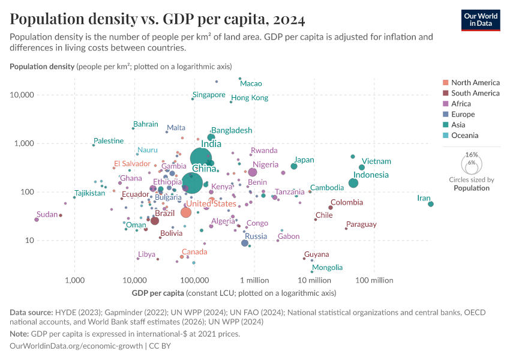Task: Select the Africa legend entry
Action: tap(462, 104)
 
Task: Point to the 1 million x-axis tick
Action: tap(254, 280)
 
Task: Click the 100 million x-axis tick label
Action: tap(374, 280)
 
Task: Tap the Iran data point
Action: tap(431, 204)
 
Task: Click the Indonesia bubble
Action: tap(353, 183)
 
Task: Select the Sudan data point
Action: tap(37, 220)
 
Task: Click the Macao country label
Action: tap(251, 83)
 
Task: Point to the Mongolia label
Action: tap(328, 268)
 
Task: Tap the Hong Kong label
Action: tap(250, 98)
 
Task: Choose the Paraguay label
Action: tap(361, 224)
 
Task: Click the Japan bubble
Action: tap(294, 166)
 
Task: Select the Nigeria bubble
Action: tap(253, 172)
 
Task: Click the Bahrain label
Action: tap(146, 124)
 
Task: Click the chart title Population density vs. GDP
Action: tap(157, 20)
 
